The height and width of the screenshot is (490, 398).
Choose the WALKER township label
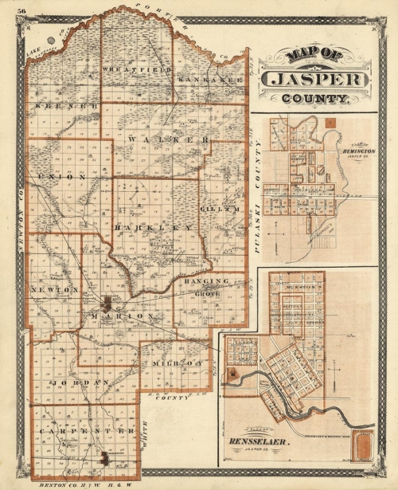pyautogui.click(x=167, y=139)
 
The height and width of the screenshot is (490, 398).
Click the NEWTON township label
pyautogui.click(x=54, y=289)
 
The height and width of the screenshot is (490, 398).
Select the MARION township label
pyautogui.click(x=122, y=316)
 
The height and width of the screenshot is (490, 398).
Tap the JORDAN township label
pyautogui.click(x=79, y=383)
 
